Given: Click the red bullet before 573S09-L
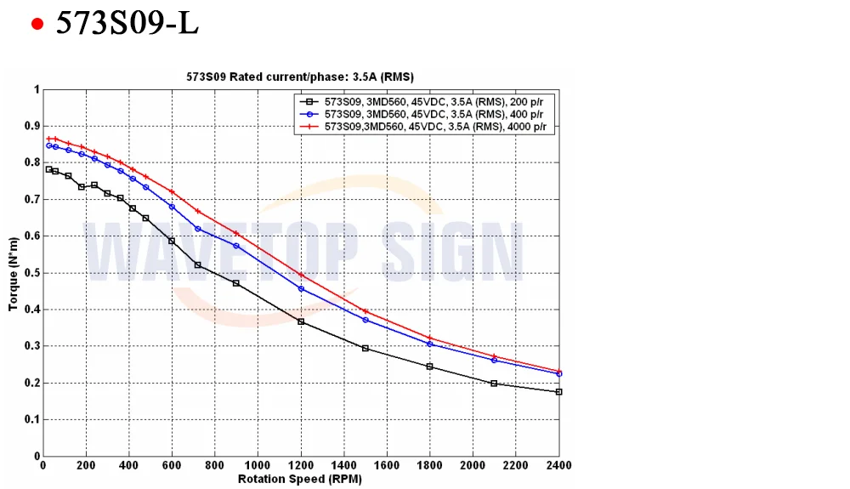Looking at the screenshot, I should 37,24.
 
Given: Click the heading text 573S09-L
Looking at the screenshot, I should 127,23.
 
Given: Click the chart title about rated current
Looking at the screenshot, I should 300,77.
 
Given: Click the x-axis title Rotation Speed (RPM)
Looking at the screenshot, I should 300,479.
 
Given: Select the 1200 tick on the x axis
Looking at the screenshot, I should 301,465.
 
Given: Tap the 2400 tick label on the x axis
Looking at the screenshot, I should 558,465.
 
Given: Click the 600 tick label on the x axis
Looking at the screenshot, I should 172,465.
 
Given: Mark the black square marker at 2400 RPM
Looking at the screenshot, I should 558,392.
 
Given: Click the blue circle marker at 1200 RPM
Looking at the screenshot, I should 301,289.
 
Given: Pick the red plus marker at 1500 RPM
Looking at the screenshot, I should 365,311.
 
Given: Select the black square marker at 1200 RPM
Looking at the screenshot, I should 301,321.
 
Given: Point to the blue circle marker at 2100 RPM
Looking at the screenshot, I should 494,360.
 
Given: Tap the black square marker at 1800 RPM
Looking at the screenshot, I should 429,367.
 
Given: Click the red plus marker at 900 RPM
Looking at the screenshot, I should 236,233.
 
